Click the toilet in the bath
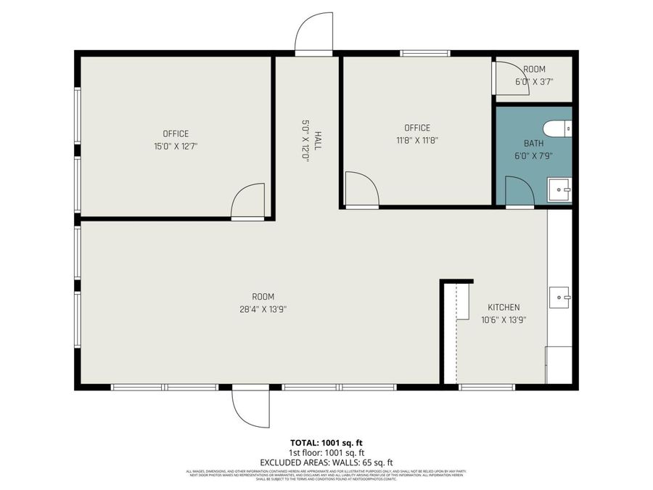click(559, 129)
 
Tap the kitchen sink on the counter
click(560, 297)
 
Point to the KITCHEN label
click(504, 307)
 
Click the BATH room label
click(533, 143)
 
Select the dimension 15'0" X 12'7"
click(176, 146)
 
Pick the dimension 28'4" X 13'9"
click(263, 309)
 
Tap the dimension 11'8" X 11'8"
click(417, 140)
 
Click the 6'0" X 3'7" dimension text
click(534, 81)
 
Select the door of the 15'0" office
click(248, 203)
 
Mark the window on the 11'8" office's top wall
click(425, 53)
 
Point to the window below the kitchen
click(487, 387)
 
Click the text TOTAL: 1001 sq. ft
click(326, 442)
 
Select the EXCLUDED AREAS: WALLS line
click(326, 462)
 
